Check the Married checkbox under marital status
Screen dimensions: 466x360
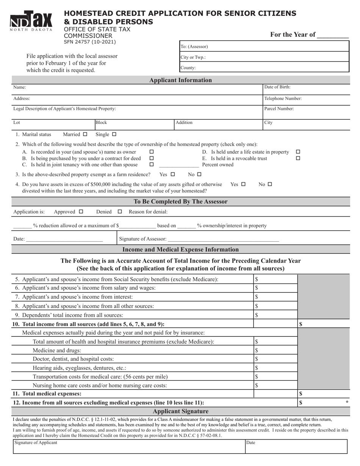[x=85, y=134]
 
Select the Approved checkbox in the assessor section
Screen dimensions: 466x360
[x=80, y=212]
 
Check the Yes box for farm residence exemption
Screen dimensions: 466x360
[x=173, y=175]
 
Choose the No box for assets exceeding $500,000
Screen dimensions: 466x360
[x=270, y=185]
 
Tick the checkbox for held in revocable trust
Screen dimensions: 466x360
[x=298, y=158]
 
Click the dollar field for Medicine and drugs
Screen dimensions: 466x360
[x=275, y=350]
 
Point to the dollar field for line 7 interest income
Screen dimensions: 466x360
[x=275, y=297]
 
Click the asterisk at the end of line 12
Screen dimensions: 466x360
[x=347, y=402]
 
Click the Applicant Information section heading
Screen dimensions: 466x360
[x=180, y=80]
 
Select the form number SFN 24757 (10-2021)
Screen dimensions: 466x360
[x=90, y=42]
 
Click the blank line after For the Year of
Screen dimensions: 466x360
[x=332, y=36]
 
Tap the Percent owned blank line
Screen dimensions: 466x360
[x=178, y=165]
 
